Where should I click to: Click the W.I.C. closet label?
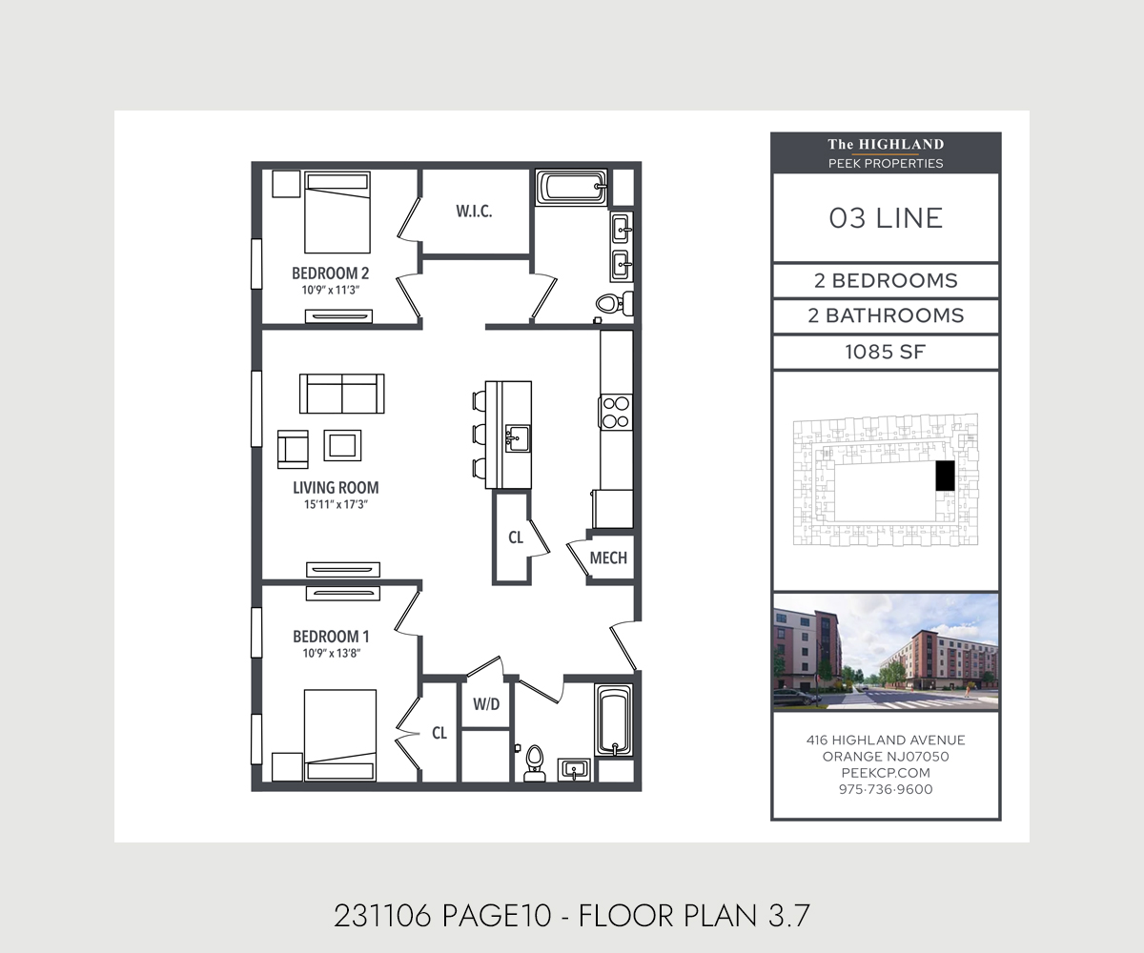point(474,212)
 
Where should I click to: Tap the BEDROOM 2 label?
point(331,273)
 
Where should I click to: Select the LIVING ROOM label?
point(336,487)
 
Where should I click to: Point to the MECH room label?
point(608,558)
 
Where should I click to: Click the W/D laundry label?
point(486,704)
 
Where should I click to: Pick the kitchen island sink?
point(518,438)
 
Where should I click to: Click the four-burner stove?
point(616,412)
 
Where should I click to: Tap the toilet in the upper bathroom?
point(614,303)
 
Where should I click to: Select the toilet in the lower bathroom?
point(534,763)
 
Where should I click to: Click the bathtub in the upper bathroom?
point(571,187)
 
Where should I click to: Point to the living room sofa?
point(342,394)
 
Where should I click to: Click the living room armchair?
point(293,449)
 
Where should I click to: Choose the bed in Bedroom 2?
point(337,213)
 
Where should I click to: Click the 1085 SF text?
point(886,352)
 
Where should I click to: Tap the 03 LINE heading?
point(886,218)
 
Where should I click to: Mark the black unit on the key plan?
point(945,476)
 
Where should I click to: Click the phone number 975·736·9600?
point(886,789)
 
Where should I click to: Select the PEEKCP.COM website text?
point(886,773)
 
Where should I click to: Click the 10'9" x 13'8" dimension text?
point(332,653)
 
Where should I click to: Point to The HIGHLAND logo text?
point(886,145)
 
